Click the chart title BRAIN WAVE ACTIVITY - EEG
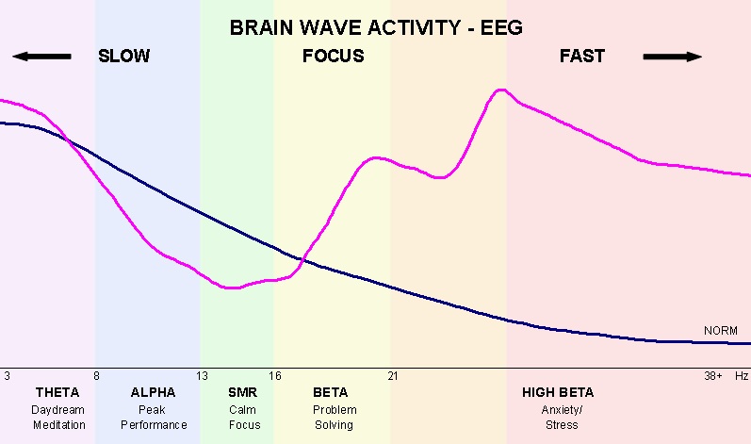click(376, 27)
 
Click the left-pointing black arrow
click(41, 57)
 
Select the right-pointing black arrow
click(673, 57)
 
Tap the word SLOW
click(123, 57)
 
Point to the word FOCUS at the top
click(333, 57)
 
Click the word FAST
click(581, 57)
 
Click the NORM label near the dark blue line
click(720, 331)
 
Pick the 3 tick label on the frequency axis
click(7, 375)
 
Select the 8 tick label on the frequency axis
click(96, 375)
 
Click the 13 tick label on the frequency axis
click(202, 375)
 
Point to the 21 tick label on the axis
click(392, 375)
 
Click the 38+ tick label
click(713, 375)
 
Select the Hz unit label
click(742, 375)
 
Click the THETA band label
click(57, 392)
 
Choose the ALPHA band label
click(153, 392)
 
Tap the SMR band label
click(242, 392)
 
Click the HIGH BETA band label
click(558, 392)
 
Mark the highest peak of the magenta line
click(501, 90)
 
